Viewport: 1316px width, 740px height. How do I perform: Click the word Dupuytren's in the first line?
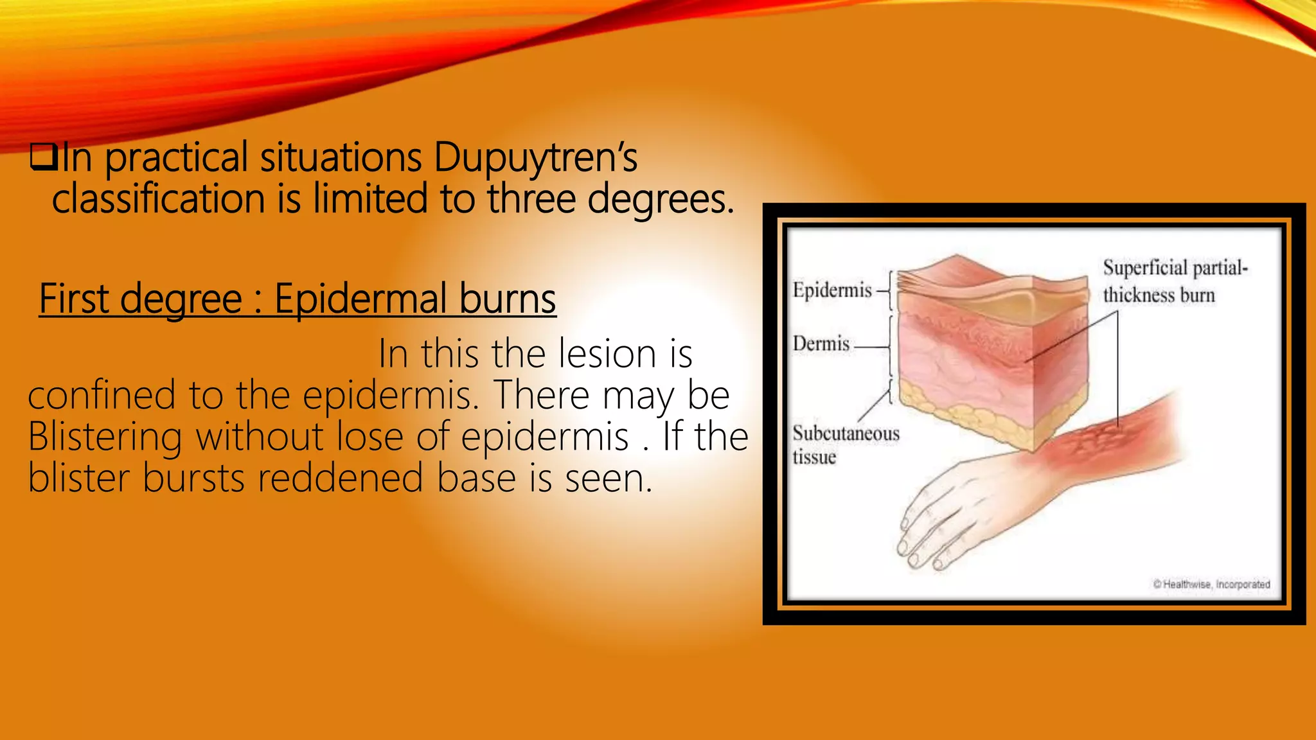point(535,157)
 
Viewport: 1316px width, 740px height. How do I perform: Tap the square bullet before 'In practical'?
point(44,157)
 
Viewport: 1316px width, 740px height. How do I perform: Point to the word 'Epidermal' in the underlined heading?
point(360,299)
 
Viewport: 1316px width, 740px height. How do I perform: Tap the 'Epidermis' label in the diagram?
point(832,290)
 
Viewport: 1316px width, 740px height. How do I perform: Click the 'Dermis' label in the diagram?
point(821,344)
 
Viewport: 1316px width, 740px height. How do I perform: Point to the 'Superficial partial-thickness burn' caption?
point(1174,281)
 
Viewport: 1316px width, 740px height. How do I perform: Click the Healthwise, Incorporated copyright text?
point(1211,585)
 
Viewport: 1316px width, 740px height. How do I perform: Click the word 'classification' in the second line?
point(158,198)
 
